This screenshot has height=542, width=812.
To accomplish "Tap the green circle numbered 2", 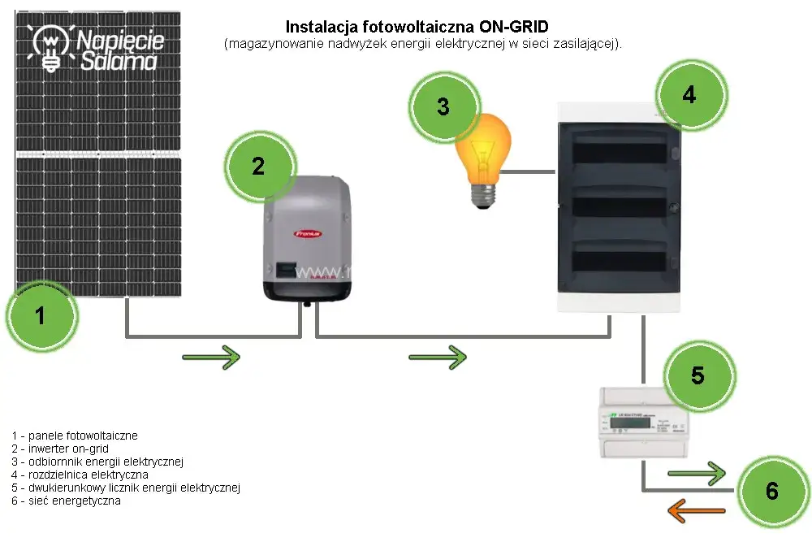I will tap(258, 167).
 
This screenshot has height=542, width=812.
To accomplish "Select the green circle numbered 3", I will tap(443, 106).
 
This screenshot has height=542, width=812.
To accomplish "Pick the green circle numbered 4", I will tap(689, 95).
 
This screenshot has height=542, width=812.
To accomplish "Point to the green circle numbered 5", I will tap(698, 375).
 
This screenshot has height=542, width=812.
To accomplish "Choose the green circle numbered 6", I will tap(771, 491).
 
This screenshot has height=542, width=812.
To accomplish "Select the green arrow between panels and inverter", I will tap(212, 356).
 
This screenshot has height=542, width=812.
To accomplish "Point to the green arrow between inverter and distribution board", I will tap(438, 356).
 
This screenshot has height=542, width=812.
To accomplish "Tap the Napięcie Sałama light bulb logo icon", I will tap(51, 46).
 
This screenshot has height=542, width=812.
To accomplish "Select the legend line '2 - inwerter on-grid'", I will tap(60, 449).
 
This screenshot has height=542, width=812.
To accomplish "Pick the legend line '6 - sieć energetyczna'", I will tap(66, 501).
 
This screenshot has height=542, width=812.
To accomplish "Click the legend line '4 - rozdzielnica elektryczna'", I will tap(80, 475).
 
